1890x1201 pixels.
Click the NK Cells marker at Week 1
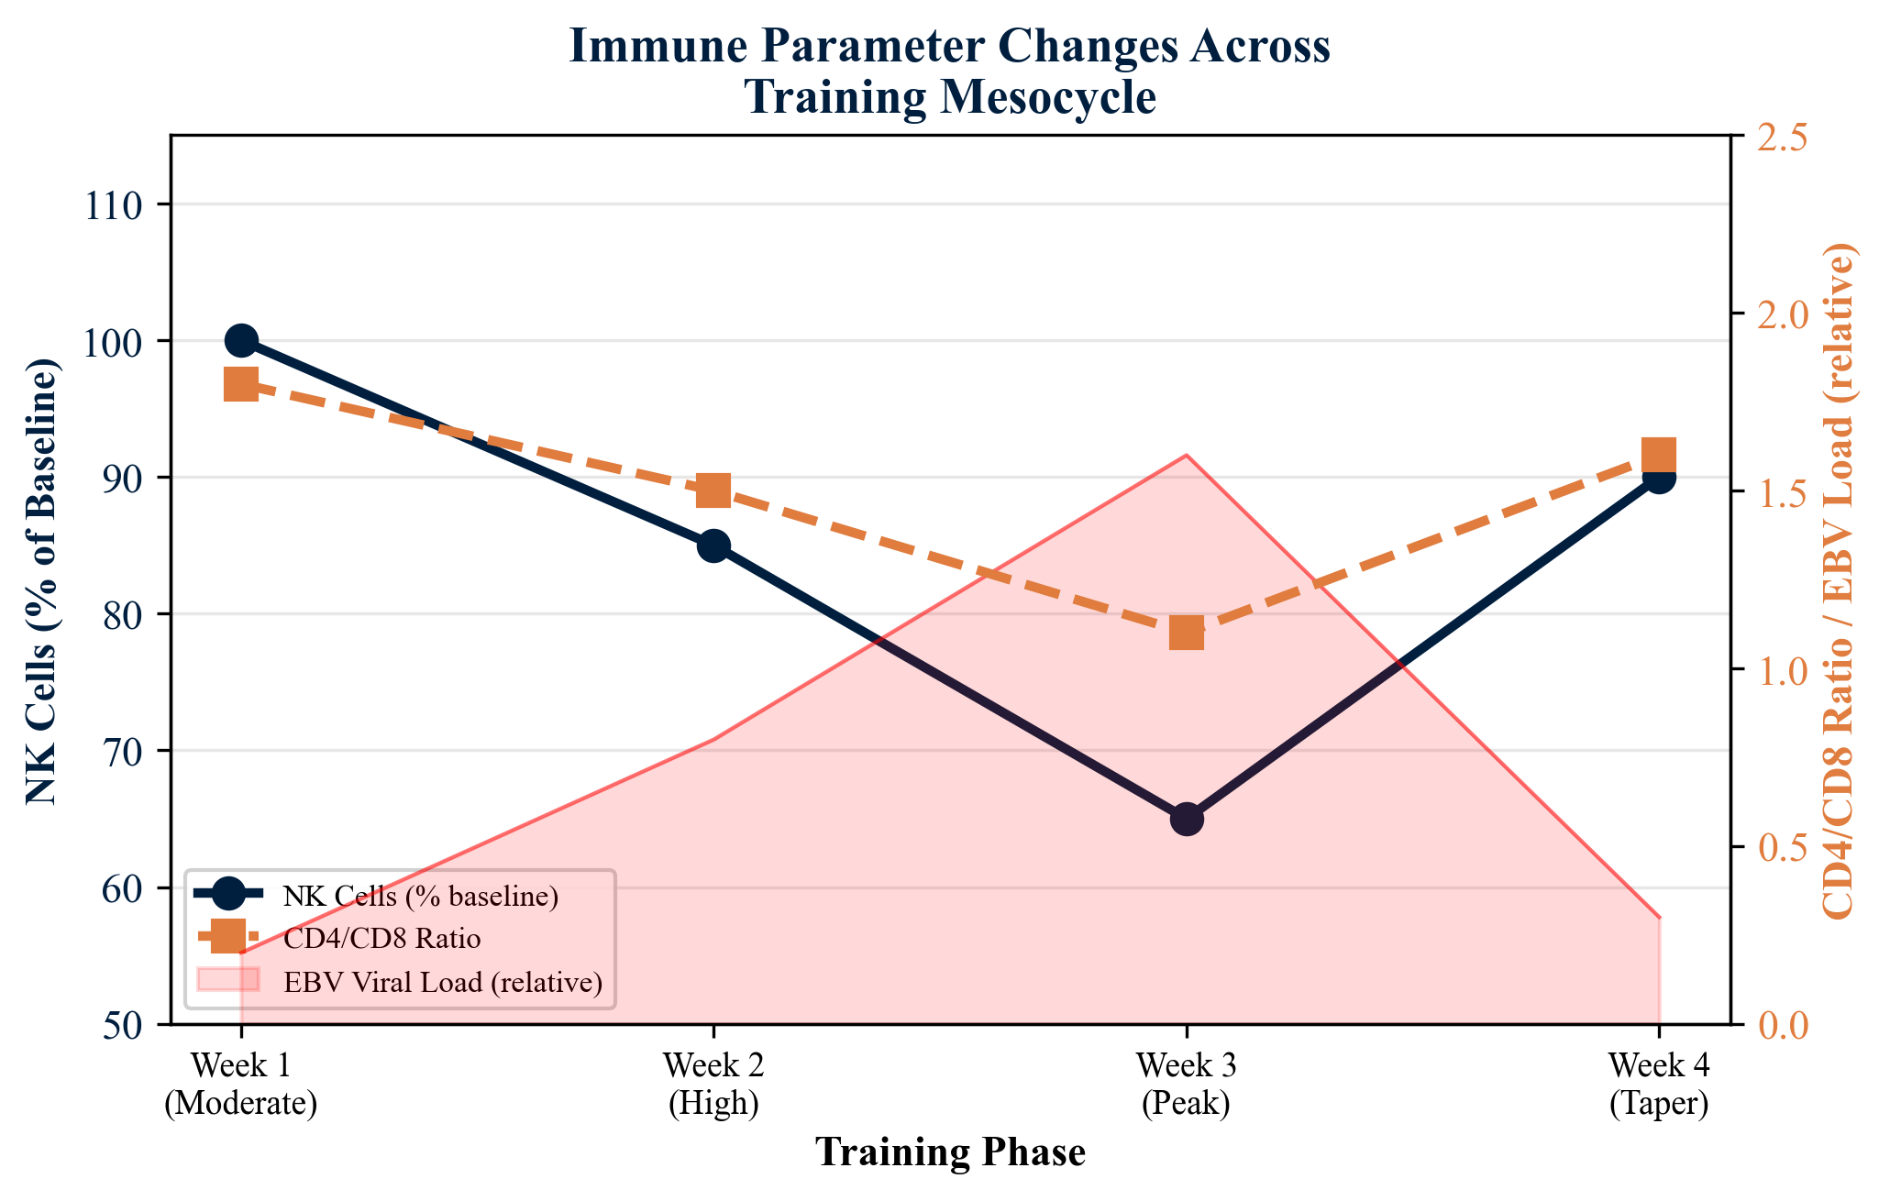pos(240,341)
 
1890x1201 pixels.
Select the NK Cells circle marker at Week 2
pos(713,546)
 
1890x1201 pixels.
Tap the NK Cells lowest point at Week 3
pos(1186,819)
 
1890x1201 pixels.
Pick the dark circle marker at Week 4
pos(1659,477)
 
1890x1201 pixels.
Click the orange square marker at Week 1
pos(240,384)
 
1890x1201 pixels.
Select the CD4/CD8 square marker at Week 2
pos(713,490)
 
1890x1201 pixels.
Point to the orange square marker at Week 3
pos(1186,633)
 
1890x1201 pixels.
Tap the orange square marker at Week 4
pos(1659,456)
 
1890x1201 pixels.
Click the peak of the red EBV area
pos(1186,456)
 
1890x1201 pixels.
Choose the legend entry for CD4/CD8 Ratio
pos(381,939)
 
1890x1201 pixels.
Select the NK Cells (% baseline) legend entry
pos(420,896)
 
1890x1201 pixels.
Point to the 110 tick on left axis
pos(113,204)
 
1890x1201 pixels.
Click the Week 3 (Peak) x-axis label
pos(1186,1085)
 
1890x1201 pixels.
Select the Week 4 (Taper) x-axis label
pos(1659,1085)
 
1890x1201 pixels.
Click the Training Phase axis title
pos(950,1152)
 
